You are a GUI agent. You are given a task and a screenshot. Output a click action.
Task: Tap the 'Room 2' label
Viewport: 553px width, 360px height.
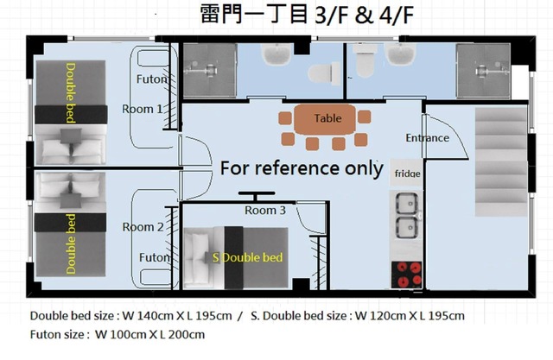click(x=143, y=227)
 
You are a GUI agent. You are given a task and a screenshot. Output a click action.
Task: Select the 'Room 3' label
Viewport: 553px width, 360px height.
click(x=264, y=210)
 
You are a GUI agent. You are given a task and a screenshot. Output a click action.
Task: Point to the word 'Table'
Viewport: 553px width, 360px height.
click(x=327, y=118)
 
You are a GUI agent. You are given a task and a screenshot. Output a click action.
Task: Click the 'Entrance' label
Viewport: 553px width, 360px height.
click(x=427, y=137)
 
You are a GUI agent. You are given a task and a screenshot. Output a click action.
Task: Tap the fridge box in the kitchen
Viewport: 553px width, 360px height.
click(x=407, y=173)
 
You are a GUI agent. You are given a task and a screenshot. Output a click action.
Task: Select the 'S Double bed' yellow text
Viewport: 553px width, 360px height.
click(x=247, y=257)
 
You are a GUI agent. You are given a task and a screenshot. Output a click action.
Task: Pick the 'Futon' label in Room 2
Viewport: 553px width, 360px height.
click(x=154, y=257)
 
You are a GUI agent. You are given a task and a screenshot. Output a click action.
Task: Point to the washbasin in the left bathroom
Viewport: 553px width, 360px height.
click(x=278, y=57)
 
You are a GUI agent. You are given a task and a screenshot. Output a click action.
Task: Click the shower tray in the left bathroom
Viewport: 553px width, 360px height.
click(x=207, y=65)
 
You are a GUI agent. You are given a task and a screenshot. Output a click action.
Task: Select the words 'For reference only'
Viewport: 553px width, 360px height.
click(x=301, y=167)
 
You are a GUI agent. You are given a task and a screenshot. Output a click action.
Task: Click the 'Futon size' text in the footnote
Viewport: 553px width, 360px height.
click(x=59, y=333)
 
